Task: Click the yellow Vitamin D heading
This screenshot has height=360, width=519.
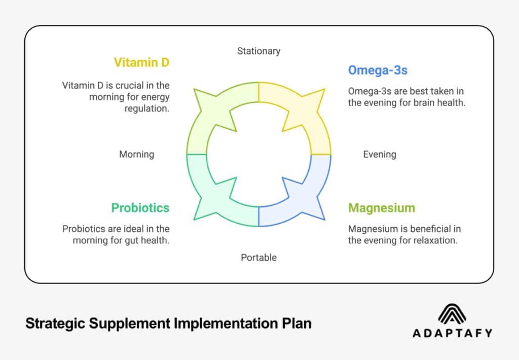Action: click(x=141, y=62)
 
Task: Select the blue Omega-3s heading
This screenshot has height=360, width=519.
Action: click(x=377, y=70)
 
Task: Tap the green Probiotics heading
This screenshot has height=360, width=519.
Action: click(x=140, y=208)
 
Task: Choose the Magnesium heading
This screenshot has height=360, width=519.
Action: click(x=381, y=208)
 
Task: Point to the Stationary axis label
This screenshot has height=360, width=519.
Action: click(x=258, y=51)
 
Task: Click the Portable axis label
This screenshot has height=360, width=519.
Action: click(x=258, y=258)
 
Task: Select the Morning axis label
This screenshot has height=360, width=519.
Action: click(x=136, y=154)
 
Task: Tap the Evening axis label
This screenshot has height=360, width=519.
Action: click(x=380, y=154)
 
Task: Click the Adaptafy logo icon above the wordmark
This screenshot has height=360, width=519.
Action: click(x=452, y=314)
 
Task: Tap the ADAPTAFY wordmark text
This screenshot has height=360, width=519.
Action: click(x=452, y=333)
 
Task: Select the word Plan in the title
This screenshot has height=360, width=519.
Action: click(x=296, y=323)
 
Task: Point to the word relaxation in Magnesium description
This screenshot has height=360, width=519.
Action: click(x=435, y=240)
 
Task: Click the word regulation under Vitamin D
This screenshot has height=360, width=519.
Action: click(x=147, y=109)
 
